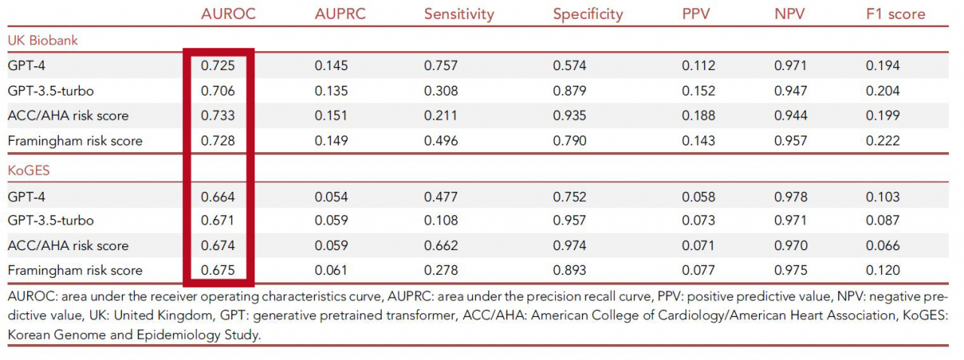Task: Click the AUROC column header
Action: (228, 14)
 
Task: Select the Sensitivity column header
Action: (459, 14)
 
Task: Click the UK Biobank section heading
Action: (43, 41)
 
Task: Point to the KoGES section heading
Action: (29, 170)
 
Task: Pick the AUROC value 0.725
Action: (218, 66)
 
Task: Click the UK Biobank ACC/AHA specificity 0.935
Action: (569, 115)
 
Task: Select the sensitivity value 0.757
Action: (441, 66)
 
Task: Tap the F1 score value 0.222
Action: (883, 141)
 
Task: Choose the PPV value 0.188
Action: (698, 115)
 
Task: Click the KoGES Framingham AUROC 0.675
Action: (218, 270)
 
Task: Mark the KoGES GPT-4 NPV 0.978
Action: (791, 197)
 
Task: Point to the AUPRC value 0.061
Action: (331, 270)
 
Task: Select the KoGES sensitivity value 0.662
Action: (441, 246)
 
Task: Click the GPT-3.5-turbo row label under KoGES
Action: (50, 221)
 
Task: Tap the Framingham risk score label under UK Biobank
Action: (75, 142)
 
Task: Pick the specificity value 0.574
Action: (569, 66)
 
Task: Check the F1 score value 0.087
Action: (883, 221)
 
